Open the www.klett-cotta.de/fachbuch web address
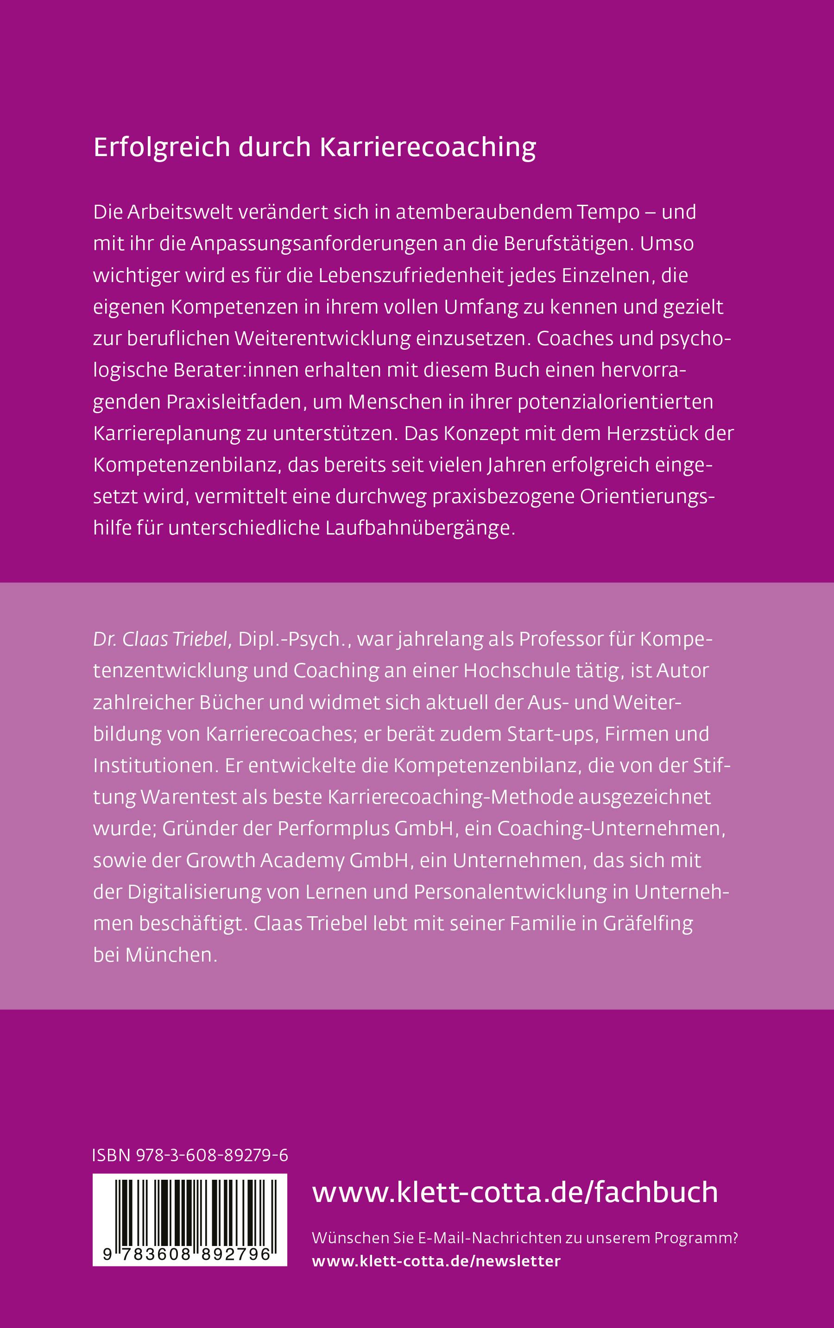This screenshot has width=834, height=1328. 515,1192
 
